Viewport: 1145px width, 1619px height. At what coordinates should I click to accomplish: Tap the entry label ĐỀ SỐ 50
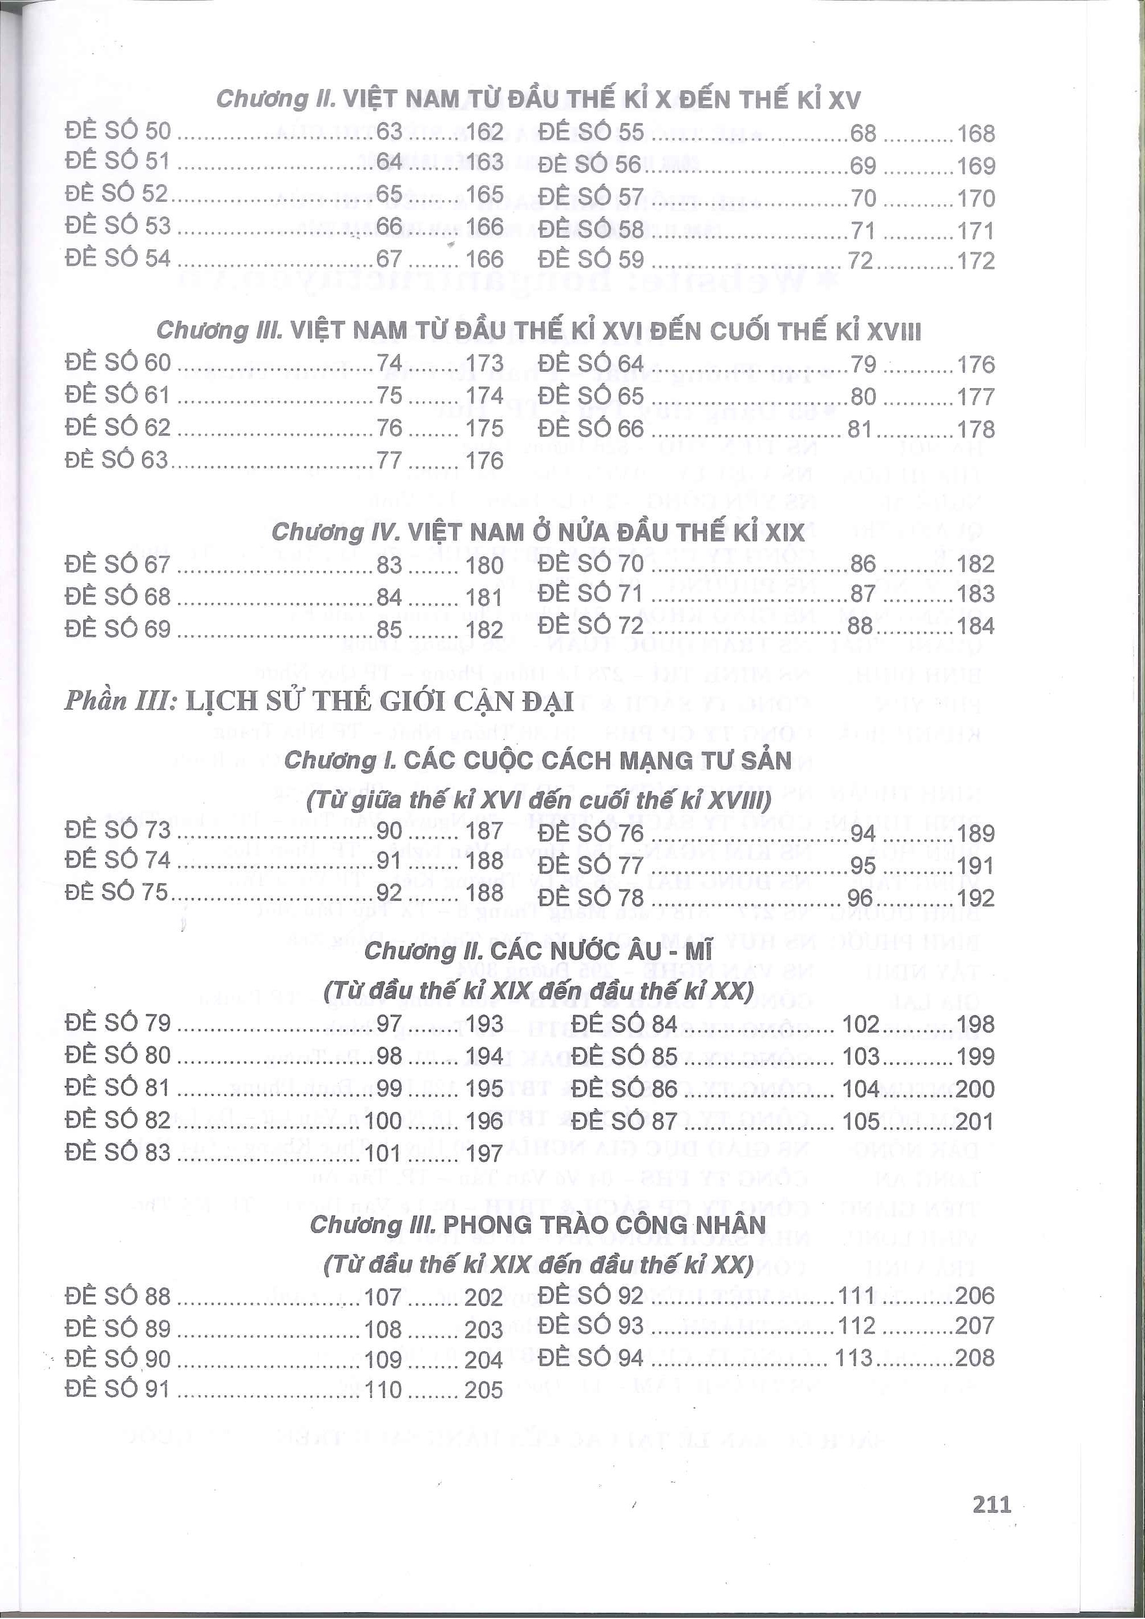118,131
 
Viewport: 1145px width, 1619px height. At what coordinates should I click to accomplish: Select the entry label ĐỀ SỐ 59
591,260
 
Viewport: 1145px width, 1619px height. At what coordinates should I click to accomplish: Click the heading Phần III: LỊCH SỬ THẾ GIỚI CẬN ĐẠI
319,701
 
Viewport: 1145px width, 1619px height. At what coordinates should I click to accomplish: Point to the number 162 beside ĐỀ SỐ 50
484,132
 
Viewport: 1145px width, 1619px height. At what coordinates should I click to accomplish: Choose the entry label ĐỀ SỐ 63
118,460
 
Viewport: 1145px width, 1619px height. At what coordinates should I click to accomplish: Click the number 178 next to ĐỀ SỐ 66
976,429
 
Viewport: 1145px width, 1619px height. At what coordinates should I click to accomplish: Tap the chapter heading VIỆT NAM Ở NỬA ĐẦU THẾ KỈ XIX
537,531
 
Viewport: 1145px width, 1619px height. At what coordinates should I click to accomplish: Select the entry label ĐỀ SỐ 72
591,625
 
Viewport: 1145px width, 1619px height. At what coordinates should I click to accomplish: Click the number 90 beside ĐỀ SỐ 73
389,830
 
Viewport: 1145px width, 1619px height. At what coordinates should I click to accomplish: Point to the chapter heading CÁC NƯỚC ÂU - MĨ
538,951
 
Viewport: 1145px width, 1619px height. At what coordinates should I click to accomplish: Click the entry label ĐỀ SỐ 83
118,1152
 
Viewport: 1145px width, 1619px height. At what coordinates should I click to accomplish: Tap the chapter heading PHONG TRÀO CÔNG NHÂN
537,1225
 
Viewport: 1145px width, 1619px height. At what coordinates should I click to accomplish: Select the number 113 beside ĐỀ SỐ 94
854,1358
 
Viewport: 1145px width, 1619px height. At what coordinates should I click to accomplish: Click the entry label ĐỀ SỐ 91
118,1389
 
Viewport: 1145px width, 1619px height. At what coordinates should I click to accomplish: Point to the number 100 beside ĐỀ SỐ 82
385,1120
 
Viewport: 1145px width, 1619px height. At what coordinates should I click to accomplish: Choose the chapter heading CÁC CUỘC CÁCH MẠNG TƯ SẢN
538,760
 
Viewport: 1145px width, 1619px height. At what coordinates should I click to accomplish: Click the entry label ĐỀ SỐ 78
591,897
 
